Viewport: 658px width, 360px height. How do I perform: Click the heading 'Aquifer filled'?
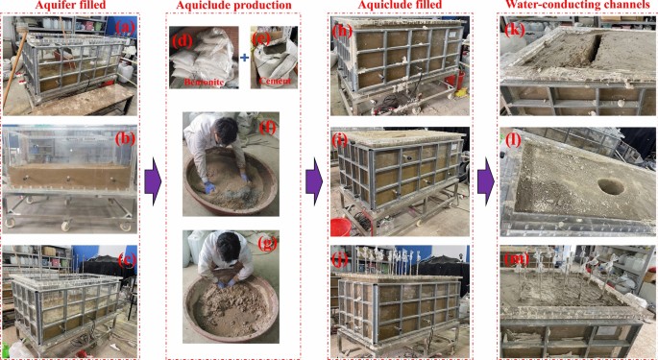tap(70, 5)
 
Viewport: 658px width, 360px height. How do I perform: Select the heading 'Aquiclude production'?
tap(233, 6)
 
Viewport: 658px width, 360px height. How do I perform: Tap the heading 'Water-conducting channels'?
tap(577, 5)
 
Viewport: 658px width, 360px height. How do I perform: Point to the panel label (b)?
tap(126, 139)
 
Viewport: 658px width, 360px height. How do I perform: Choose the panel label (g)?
tap(266, 244)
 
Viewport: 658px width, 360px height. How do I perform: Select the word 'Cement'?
tap(275, 81)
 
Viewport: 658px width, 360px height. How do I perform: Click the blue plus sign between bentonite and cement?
tap(244, 57)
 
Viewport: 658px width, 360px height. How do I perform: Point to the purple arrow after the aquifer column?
tap(153, 181)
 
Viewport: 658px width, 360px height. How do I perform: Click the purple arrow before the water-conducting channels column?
tap(486, 181)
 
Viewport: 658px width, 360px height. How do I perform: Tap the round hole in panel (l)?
tap(611, 187)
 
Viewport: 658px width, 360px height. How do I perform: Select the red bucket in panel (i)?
tap(340, 227)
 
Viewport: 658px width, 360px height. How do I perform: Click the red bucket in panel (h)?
tap(455, 80)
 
